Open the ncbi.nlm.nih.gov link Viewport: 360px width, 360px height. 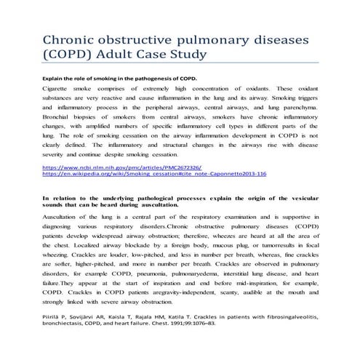pos(112,168)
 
